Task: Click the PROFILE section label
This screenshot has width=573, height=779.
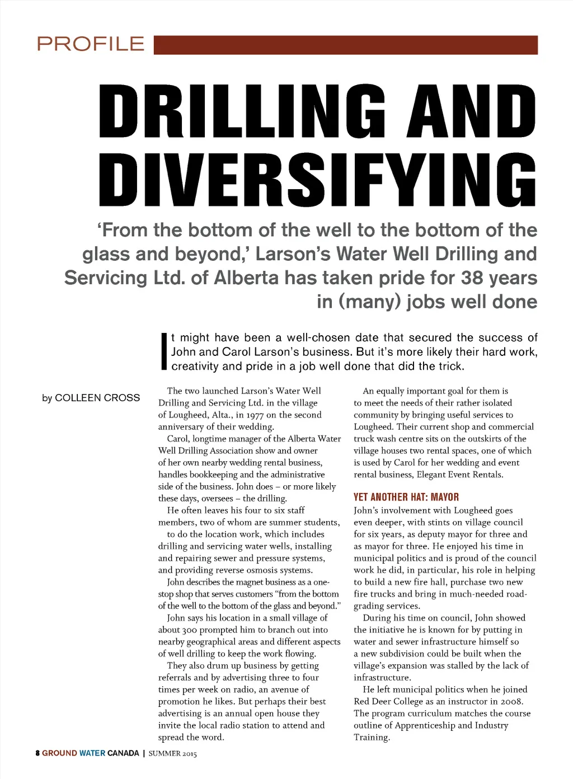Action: click(x=91, y=44)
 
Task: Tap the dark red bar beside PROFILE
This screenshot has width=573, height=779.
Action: click(x=345, y=45)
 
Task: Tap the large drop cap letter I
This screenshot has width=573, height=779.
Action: click(x=164, y=351)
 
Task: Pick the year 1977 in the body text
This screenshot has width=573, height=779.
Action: click(x=251, y=415)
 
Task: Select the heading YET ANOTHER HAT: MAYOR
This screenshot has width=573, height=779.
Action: click(x=406, y=497)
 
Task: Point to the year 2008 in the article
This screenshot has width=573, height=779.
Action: click(x=511, y=701)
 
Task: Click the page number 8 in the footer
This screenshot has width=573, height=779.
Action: click(x=37, y=753)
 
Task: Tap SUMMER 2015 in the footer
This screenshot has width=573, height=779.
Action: click(x=172, y=754)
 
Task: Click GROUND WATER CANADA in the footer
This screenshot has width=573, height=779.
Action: click(x=91, y=753)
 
